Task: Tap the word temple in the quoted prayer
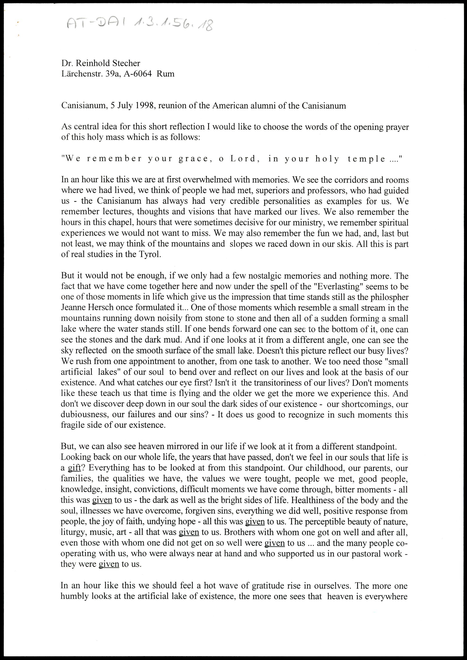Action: tap(366, 159)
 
